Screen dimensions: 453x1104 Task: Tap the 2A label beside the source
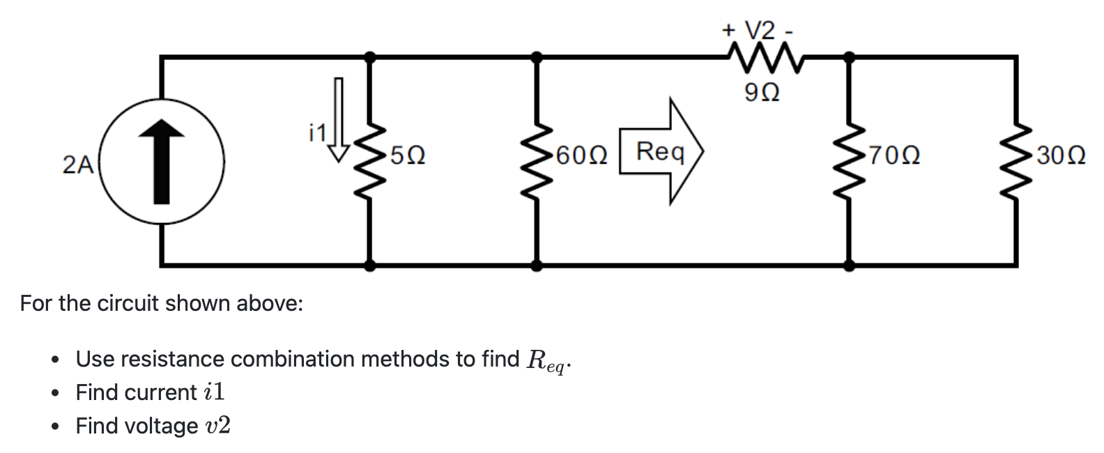pyautogui.click(x=77, y=164)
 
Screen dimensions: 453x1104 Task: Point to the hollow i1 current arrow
pyautogui.click(x=339, y=119)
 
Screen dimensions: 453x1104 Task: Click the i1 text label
pyautogui.click(x=317, y=132)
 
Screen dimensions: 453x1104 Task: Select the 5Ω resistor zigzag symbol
pyautogui.click(x=370, y=160)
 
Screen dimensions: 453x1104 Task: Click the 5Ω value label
pyautogui.click(x=408, y=155)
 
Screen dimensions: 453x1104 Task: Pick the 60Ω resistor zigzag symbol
pyautogui.click(x=537, y=160)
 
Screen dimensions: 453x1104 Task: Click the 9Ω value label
pyautogui.click(x=762, y=91)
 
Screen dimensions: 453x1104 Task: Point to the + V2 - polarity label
pyautogui.click(x=758, y=31)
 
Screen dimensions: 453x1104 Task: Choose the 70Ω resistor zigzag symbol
pyautogui.click(x=849, y=160)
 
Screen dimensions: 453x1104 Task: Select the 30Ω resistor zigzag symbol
pyautogui.click(x=1015, y=160)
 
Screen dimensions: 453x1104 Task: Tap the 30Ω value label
pyautogui.click(x=1060, y=155)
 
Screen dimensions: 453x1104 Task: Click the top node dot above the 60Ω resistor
pyautogui.click(x=537, y=56)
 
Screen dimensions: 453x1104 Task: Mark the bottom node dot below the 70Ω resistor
pyautogui.click(x=849, y=265)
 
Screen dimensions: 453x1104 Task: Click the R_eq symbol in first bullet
pyautogui.click(x=548, y=360)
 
